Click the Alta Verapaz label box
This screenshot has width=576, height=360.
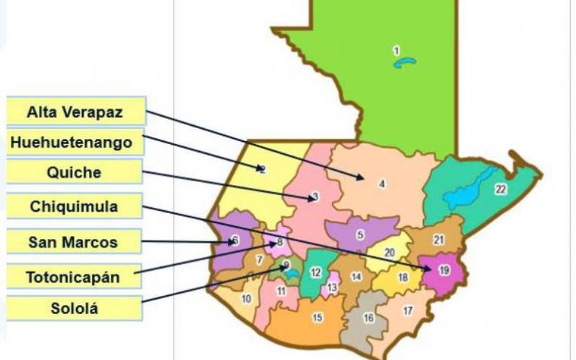pyautogui.click(x=75, y=112)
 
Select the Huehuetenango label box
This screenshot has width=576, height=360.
pyautogui.click(x=71, y=142)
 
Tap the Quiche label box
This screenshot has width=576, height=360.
pyautogui.click(x=73, y=173)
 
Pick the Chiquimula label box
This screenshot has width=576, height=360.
pyautogui.click(x=73, y=207)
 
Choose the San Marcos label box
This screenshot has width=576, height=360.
pyautogui.click(x=73, y=242)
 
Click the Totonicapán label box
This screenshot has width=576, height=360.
pyautogui.click(x=73, y=276)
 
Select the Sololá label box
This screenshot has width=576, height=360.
pyautogui.click(x=73, y=309)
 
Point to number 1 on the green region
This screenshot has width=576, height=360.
pyautogui.click(x=396, y=50)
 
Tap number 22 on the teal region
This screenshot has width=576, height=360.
pyautogui.click(x=500, y=189)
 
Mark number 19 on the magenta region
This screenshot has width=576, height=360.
pyautogui.click(x=444, y=270)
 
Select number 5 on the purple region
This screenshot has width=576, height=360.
pyautogui.click(x=359, y=235)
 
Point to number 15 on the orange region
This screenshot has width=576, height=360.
pyautogui.click(x=318, y=317)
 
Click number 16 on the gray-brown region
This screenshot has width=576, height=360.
pyautogui.click(x=369, y=318)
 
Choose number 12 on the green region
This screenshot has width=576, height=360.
pyautogui.click(x=315, y=272)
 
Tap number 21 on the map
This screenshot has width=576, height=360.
pyautogui.click(x=438, y=239)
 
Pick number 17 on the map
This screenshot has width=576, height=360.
pyautogui.click(x=408, y=311)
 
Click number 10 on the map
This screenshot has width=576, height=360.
pyautogui.click(x=246, y=298)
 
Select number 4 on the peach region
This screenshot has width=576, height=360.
pyautogui.click(x=382, y=184)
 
